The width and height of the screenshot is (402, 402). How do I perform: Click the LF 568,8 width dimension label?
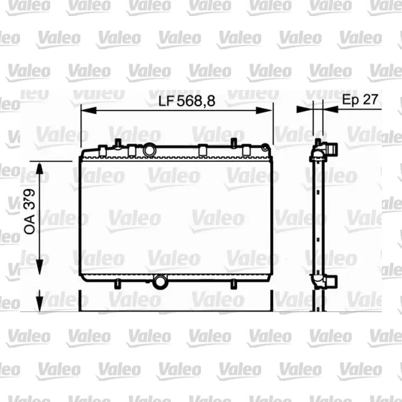(186, 101)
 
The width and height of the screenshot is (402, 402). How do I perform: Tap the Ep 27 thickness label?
(360, 99)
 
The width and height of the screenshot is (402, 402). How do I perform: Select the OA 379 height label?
(29, 211)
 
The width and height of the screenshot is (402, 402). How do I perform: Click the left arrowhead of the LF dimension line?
(88, 111)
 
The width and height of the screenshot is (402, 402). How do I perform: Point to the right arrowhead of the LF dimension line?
(264, 111)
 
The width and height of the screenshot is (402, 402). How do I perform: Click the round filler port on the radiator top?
(149, 150)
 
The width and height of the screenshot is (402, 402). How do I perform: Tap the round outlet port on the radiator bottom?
(160, 282)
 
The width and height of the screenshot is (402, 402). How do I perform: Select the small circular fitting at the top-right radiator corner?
(265, 148)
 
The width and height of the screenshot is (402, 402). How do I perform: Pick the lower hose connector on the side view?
(331, 282)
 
